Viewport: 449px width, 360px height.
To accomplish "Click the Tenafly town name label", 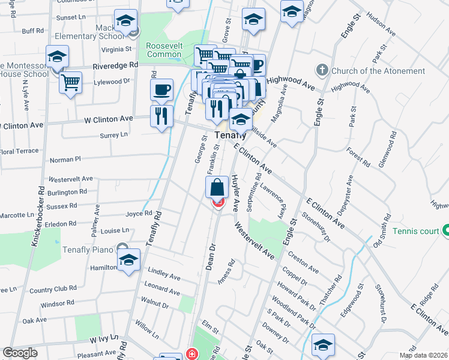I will (x=231, y=136).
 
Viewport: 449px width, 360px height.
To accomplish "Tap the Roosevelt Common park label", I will (x=164, y=50).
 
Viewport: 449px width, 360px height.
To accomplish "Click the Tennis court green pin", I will (x=446, y=230).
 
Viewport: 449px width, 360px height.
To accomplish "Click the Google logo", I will (x=20, y=353).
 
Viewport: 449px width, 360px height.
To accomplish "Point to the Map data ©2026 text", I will (x=423, y=355).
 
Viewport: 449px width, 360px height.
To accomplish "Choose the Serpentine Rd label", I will (x=258, y=188).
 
